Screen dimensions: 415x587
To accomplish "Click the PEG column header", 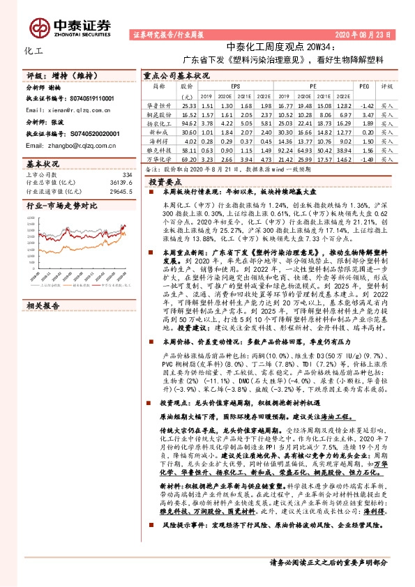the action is [363, 86].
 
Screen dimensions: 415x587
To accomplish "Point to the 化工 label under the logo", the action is [33, 51].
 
